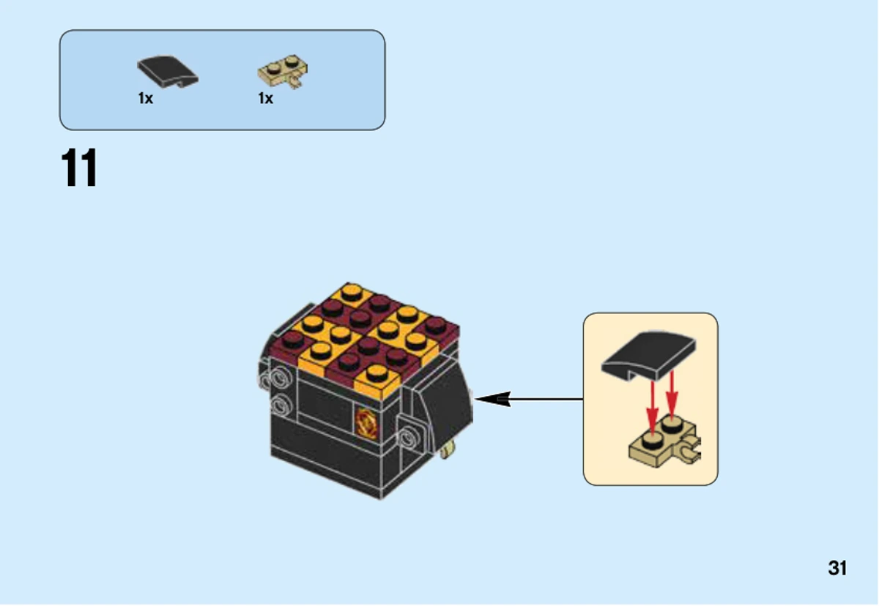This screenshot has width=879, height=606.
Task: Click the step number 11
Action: (x=79, y=168)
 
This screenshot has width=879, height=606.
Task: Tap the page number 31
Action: (x=837, y=568)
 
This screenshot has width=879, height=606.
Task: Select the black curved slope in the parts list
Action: (x=168, y=71)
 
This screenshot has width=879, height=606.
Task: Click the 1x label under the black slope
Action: (x=145, y=98)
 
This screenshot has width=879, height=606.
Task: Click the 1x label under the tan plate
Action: (x=265, y=98)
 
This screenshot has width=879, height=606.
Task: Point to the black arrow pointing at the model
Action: (x=529, y=399)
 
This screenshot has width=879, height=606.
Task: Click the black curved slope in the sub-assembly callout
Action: (x=649, y=356)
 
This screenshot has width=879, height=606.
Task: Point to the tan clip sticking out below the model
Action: (x=448, y=449)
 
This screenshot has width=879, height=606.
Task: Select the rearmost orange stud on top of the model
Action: (x=351, y=292)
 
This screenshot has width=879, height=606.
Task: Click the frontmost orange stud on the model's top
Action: (x=377, y=373)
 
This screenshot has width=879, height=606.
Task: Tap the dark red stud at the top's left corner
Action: (x=292, y=340)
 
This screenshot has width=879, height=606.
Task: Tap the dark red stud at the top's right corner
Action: (x=436, y=326)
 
